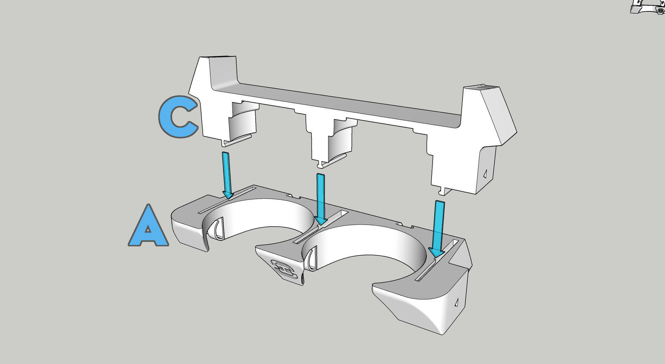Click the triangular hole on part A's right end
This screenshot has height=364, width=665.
click(456, 302)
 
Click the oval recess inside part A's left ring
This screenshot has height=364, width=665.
click(218, 229)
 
